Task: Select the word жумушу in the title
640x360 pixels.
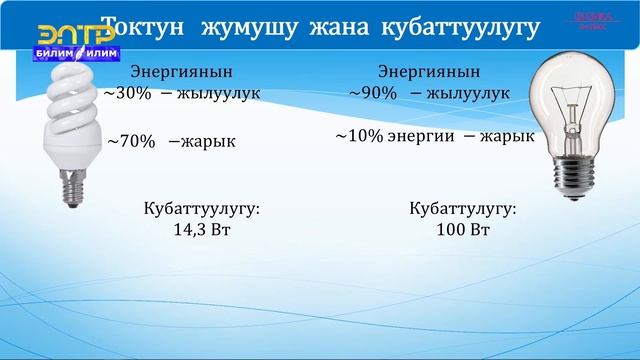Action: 243,28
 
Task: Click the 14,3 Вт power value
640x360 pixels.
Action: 202,231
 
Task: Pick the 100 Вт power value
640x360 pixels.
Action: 463,231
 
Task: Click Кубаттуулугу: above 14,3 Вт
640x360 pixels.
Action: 202,210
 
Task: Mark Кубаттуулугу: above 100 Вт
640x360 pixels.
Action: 463,210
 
